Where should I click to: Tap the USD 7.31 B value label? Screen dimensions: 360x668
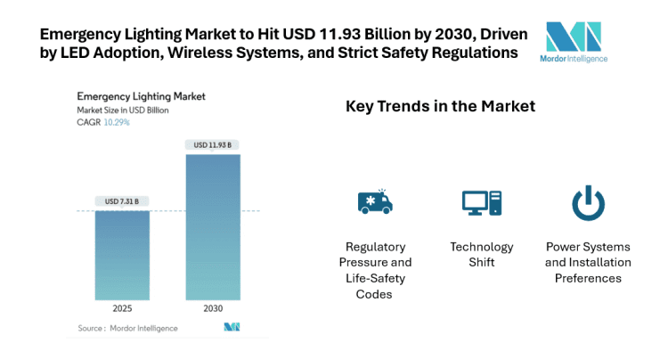[x=123, y=200]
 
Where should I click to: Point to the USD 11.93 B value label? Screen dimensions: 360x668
[x=212, y=144]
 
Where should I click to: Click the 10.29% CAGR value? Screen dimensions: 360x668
[x=117, y=122]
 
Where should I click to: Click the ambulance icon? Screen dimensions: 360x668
[x=374, y=203]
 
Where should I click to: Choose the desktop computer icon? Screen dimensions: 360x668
[x=481, y=203]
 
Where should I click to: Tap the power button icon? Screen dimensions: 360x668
[x=588, y=203]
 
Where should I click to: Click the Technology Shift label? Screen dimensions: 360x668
[x=481, y=254]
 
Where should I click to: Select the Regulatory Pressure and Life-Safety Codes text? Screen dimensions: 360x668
[x=375, y=269]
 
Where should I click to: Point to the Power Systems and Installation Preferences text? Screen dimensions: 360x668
[x=588, y=262]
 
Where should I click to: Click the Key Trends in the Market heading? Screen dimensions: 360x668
[x=440, y=106]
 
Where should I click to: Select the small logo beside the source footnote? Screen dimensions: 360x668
[x=232, y=328]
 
